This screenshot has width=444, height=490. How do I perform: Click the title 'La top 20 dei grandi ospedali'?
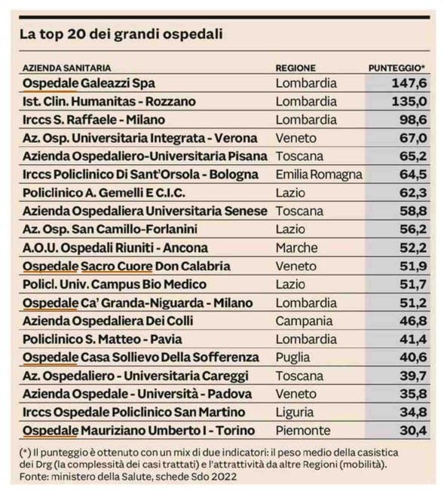tap(121, 35)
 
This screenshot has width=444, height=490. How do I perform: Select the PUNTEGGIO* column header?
tap(397, 68)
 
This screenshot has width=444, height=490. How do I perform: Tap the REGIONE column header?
tap(295, 68)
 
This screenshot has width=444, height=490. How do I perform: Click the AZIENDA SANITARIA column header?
tap(66, 68)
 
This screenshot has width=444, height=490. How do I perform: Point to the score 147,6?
tap(409, 83)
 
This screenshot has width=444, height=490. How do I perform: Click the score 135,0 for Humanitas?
tap(409, 102)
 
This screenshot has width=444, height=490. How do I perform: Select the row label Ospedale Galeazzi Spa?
tap(89, 84)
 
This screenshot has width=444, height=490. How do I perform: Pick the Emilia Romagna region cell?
tap(319, 175)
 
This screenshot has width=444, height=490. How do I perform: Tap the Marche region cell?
tap(296, 248)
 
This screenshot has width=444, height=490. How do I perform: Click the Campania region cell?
tap(304, 321)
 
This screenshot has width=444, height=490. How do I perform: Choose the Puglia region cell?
tap(292, 358)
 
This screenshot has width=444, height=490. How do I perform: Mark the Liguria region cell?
tap(295, 412)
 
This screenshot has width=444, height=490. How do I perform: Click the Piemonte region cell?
tap(303, 431)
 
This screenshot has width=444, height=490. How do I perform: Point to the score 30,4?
tap(413, 431)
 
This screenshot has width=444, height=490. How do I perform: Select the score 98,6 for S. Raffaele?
tap(413, 120)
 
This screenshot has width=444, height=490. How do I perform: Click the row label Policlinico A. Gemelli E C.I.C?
tap(104, 193)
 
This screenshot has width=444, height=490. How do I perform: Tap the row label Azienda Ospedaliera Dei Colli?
tap(108, 321)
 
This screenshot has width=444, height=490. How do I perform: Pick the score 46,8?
tap(413, 321)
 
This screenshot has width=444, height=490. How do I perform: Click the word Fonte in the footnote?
tap(34, 477)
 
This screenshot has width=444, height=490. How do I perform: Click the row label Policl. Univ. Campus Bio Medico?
tap(115, 285)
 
